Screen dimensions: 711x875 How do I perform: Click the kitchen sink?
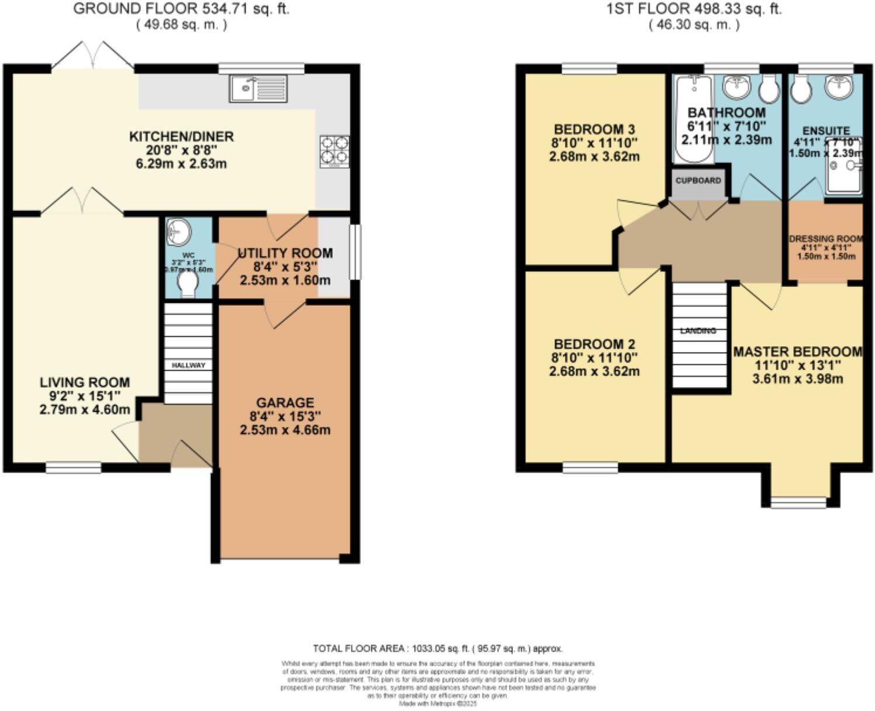(258, 89)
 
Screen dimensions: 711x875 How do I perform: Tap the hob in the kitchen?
(335, 151)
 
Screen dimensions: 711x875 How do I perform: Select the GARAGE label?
(285, 403)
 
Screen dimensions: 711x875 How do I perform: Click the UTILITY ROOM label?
(285, 253)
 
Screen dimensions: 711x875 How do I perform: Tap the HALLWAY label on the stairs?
(188, 365)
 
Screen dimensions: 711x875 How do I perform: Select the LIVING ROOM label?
(85, 382)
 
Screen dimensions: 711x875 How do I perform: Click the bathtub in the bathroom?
(694, 120)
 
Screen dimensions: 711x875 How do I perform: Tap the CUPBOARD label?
(698, 181)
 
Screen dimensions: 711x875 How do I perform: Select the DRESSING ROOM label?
(826, 239)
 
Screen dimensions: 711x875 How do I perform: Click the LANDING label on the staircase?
(698, 331)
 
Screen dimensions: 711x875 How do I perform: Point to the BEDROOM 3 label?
(594, 129)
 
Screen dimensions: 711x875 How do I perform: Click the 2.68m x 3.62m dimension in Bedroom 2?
(594, 371)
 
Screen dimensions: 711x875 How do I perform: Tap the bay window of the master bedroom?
(798, 502)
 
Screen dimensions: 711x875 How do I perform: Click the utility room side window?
(353, 252)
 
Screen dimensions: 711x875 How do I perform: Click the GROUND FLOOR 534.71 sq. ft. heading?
(181, 9)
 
